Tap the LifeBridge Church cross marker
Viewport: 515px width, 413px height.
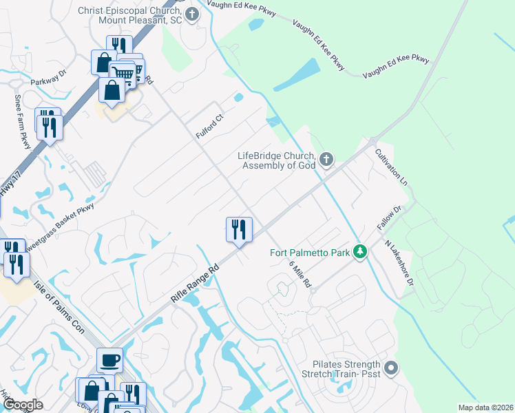pyautogui.click(x=326, y=161)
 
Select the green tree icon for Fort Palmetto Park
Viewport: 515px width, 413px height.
pyautogui.click(x=359, y=252)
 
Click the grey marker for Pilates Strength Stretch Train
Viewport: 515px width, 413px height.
pyautogui.click(x=391, y=368)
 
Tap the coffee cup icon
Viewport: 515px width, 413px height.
pyautogui.click(x=109, y=360)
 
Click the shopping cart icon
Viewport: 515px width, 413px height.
pyautogui.click(x=123, y=72)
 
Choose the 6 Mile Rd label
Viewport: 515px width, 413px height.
pyautogui.click(x=300, y=274)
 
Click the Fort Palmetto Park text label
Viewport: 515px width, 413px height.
pyautogui.click(x=309, y=252)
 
